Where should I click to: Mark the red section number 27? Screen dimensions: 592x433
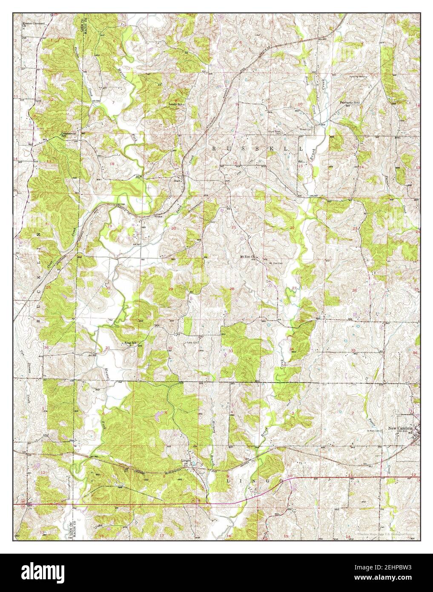(x=294, y=289)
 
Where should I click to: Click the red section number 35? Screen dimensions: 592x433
(x=353, y=350)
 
